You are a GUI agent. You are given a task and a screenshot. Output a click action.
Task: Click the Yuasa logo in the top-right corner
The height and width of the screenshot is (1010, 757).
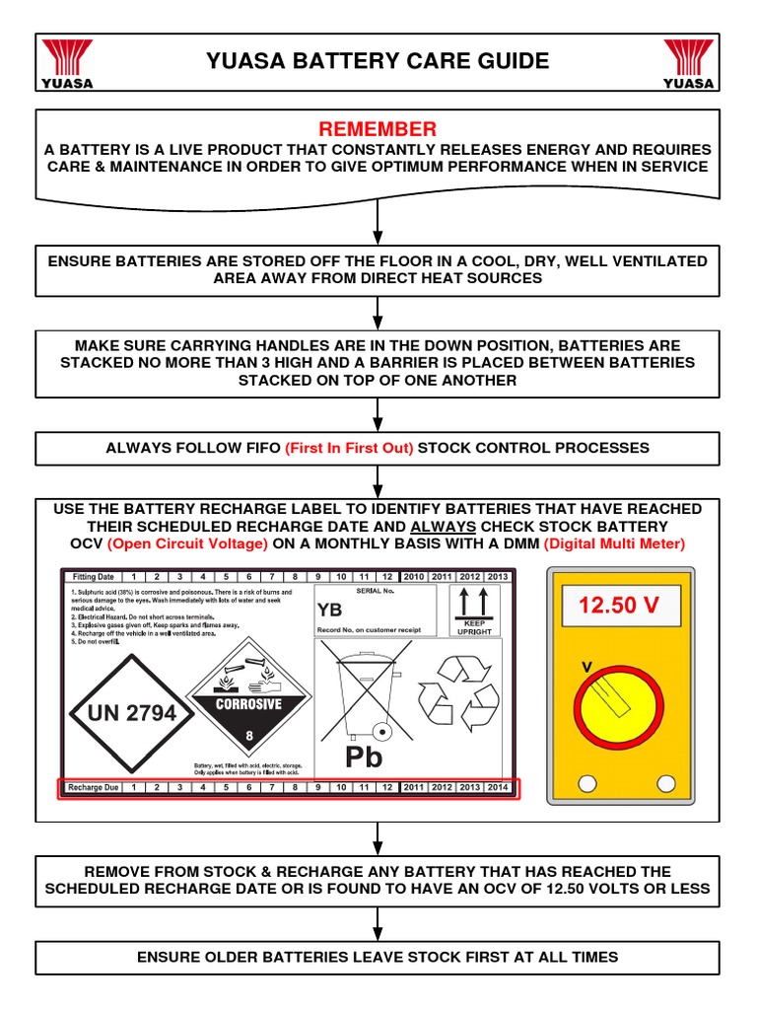(688, 63)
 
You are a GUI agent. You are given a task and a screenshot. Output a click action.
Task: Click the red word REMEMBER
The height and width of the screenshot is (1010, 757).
(378, 130)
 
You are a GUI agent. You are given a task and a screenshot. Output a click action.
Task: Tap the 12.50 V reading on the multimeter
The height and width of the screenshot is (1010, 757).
(618, 606)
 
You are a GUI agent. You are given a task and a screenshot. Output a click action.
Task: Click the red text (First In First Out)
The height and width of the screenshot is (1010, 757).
(349, 448)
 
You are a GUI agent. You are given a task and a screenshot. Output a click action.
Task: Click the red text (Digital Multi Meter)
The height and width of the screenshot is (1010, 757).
(614, 544)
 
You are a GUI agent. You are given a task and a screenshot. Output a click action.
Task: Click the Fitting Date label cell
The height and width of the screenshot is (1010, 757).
(93, 577)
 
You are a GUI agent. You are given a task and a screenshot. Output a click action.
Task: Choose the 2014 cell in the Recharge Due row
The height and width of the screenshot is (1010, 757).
(499, 787)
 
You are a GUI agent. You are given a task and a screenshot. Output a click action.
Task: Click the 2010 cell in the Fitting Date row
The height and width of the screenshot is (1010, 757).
(413, 577)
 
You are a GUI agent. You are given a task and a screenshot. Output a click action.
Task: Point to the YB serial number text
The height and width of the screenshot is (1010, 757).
(329, 610)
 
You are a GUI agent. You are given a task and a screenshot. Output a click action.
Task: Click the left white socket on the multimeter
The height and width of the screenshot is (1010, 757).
(587, 784)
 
